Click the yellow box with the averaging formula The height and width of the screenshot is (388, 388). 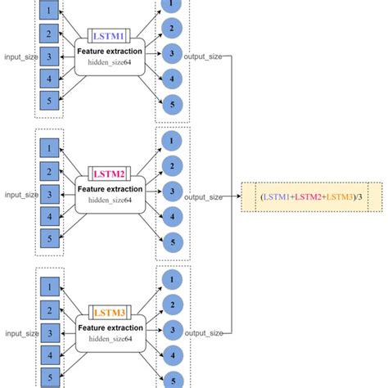(312, 196)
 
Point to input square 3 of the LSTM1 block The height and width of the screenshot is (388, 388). (49, 56)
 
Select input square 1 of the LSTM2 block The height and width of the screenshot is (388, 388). (49, 148)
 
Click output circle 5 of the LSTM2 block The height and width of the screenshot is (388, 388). (170, 242)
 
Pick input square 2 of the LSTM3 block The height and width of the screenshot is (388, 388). (49, 310)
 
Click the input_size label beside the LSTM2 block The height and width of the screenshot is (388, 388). (20, 195)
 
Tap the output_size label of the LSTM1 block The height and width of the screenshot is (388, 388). (203, 57)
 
